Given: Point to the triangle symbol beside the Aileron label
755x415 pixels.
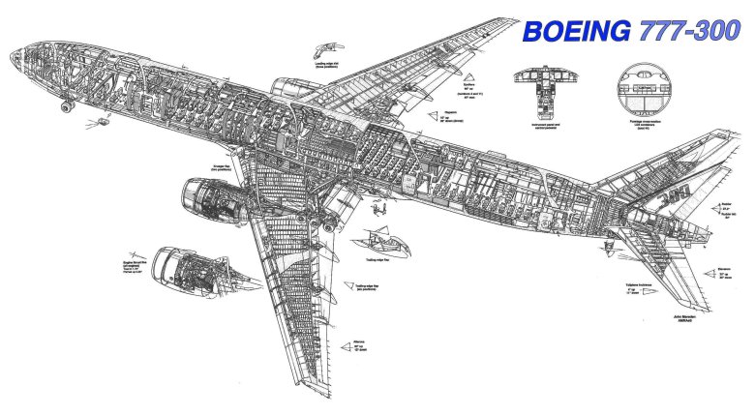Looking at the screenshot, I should (344, 341).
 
